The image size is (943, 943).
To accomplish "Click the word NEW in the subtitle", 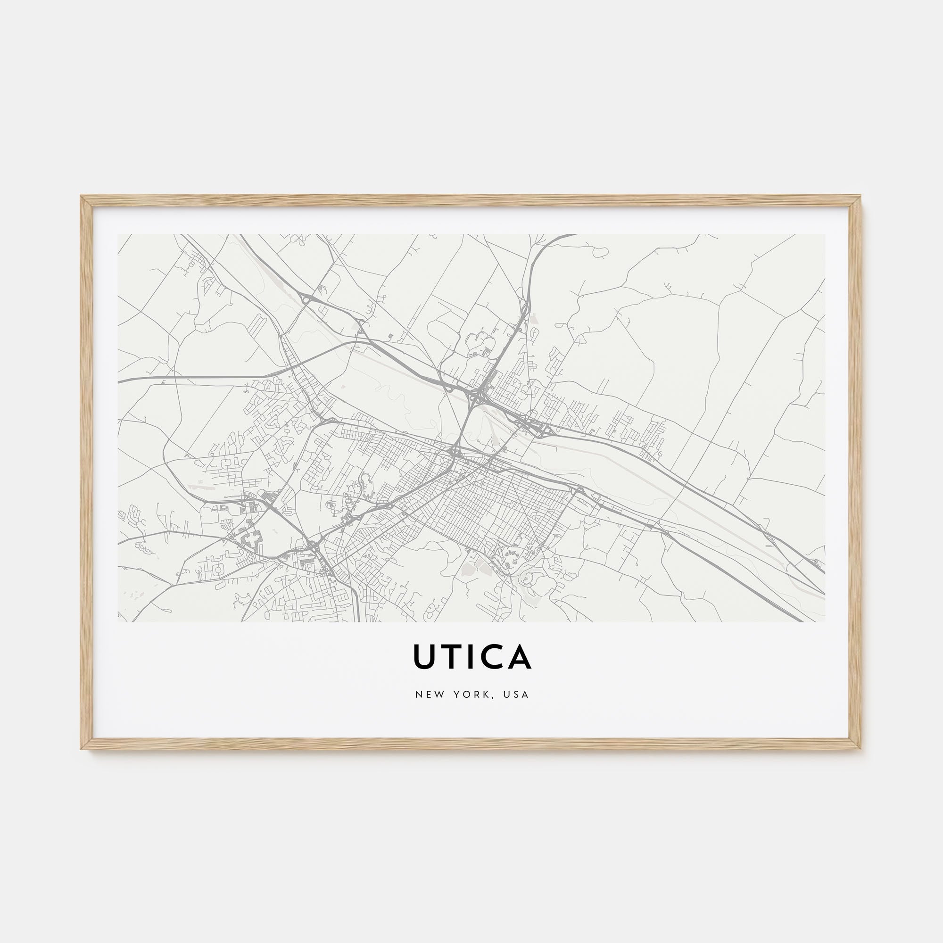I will click(x=427, y=695).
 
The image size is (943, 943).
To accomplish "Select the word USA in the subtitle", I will click(x=517, y=695).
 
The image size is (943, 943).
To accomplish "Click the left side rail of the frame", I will click(x=86, y=472).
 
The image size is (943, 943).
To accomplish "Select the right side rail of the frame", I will click(x=856, y=472).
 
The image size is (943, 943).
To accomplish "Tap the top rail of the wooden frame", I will click(x=471, y=200).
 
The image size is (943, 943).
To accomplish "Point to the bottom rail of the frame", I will click(x=471, y=744).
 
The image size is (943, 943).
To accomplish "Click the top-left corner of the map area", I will click(x=119, y=235).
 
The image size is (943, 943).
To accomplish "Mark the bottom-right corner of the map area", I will click(x=824, y=621).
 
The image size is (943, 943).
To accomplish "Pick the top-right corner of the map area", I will click(x=824, y=235).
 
